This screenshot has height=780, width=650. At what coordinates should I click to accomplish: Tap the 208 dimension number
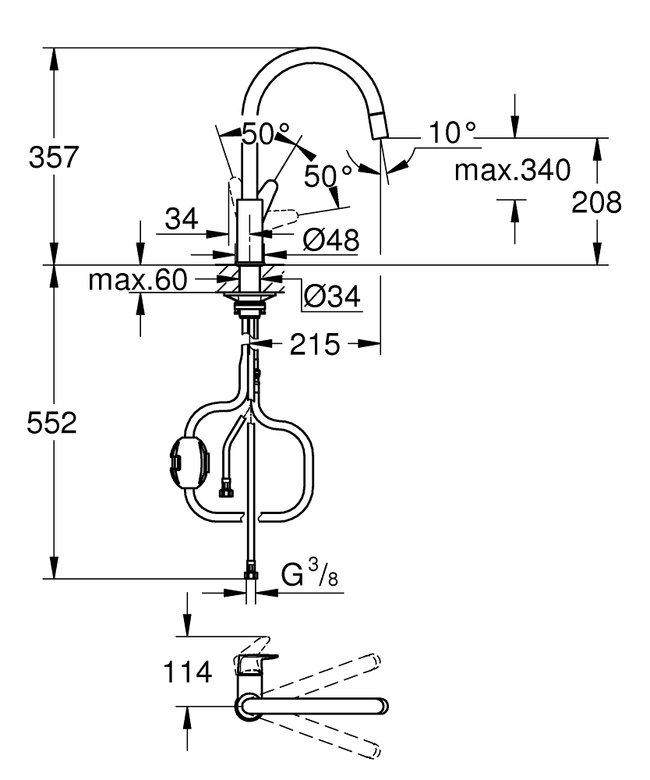(596, 203)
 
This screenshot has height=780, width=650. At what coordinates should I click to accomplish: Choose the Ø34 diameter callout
(330, 296)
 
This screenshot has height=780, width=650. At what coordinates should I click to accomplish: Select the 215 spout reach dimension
(315, 344)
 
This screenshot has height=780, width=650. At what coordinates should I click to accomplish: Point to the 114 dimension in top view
(187, 672)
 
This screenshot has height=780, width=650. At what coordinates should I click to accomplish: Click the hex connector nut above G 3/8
(250, 576)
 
